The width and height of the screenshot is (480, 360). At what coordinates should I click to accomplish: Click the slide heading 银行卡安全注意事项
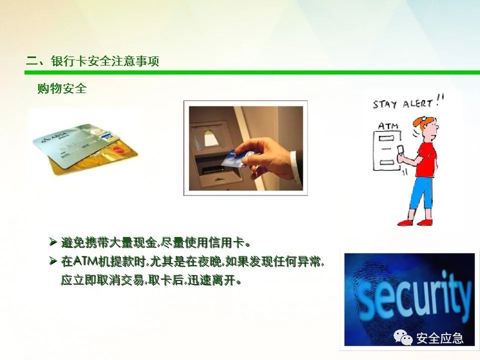point(105,61)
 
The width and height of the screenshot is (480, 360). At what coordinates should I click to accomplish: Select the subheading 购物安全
point(62,88)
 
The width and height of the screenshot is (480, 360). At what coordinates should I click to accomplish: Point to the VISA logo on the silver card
point(106,137)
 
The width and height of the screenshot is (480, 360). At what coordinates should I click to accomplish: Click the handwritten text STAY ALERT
point(407,102)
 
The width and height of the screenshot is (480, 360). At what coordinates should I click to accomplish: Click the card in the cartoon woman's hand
point(400,150)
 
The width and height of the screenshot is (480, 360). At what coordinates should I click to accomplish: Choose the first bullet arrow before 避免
point(53,242)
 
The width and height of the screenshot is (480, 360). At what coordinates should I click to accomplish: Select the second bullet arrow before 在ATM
point(53,261)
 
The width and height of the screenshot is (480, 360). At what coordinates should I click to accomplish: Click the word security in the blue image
point(413,297)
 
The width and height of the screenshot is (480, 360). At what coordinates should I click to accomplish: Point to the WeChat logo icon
point(402,337)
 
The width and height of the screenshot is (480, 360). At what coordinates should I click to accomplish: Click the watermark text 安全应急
point(439,338)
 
